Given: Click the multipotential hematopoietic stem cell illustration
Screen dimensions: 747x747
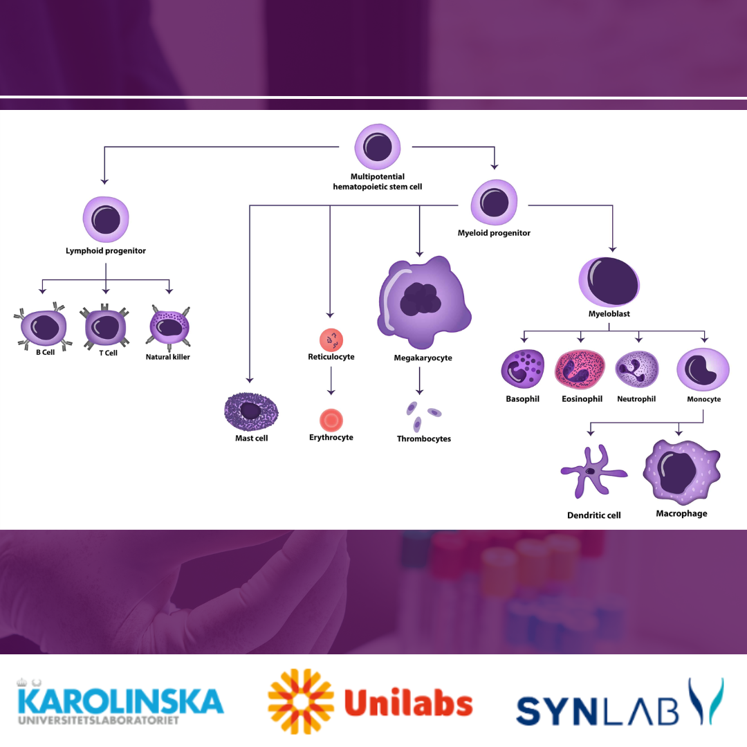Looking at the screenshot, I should pos(378,147).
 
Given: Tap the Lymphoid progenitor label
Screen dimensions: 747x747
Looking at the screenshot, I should pos(106,251).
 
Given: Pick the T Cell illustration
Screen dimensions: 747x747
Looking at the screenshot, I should pos(104,326).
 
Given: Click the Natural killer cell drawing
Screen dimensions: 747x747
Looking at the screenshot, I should pos(169,329).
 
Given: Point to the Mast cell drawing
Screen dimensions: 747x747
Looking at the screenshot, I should pos(251,412).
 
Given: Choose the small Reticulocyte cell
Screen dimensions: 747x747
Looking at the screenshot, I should pos(331,340).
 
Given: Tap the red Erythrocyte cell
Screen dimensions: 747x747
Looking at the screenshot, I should pos(331,419).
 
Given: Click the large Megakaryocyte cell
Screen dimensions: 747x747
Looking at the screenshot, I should pos(422,301).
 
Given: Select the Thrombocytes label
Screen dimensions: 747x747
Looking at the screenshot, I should pos(424,439).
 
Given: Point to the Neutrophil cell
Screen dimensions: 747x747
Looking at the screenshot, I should pos(636,369).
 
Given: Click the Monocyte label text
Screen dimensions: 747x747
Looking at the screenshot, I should pos(703,400).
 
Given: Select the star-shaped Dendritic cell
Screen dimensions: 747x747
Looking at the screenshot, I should pos(591,472).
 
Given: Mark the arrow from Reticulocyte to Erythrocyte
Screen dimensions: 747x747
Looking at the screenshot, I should pos(331,380).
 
